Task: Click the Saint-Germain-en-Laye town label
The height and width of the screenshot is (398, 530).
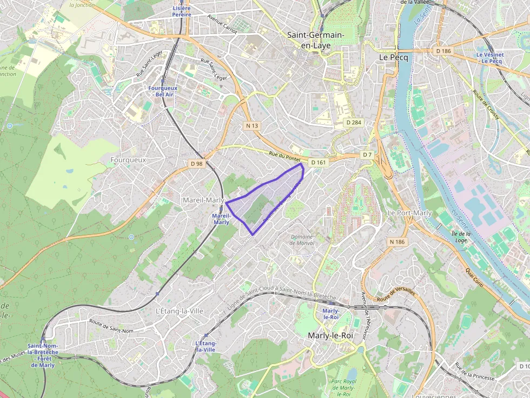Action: click(315, 40)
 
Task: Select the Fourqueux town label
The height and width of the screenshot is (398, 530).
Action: click(128, 160)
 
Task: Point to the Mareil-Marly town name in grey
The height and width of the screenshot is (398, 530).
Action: click(203, 200)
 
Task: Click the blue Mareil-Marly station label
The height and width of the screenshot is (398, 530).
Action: click(221, 219)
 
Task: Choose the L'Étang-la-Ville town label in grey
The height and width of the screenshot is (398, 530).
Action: click(179, 311)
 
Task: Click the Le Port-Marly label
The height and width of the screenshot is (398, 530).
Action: click(410, 213)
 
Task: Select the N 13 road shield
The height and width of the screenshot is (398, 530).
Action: click(253, 125)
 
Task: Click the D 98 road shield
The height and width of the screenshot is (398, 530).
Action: click(196, 163)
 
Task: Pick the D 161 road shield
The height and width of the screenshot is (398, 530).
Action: click(319, 162)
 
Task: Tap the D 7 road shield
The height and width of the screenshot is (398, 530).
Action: click(368, 155)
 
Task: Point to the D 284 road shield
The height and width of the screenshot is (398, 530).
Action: click(353, 123)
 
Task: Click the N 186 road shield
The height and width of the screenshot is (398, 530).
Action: click(397, 242)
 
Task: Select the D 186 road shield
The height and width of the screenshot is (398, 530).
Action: click(443, 51)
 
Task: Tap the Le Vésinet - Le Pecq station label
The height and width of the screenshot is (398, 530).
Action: click(489, 58)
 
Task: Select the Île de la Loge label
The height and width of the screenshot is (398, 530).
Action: click(461, 237)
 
